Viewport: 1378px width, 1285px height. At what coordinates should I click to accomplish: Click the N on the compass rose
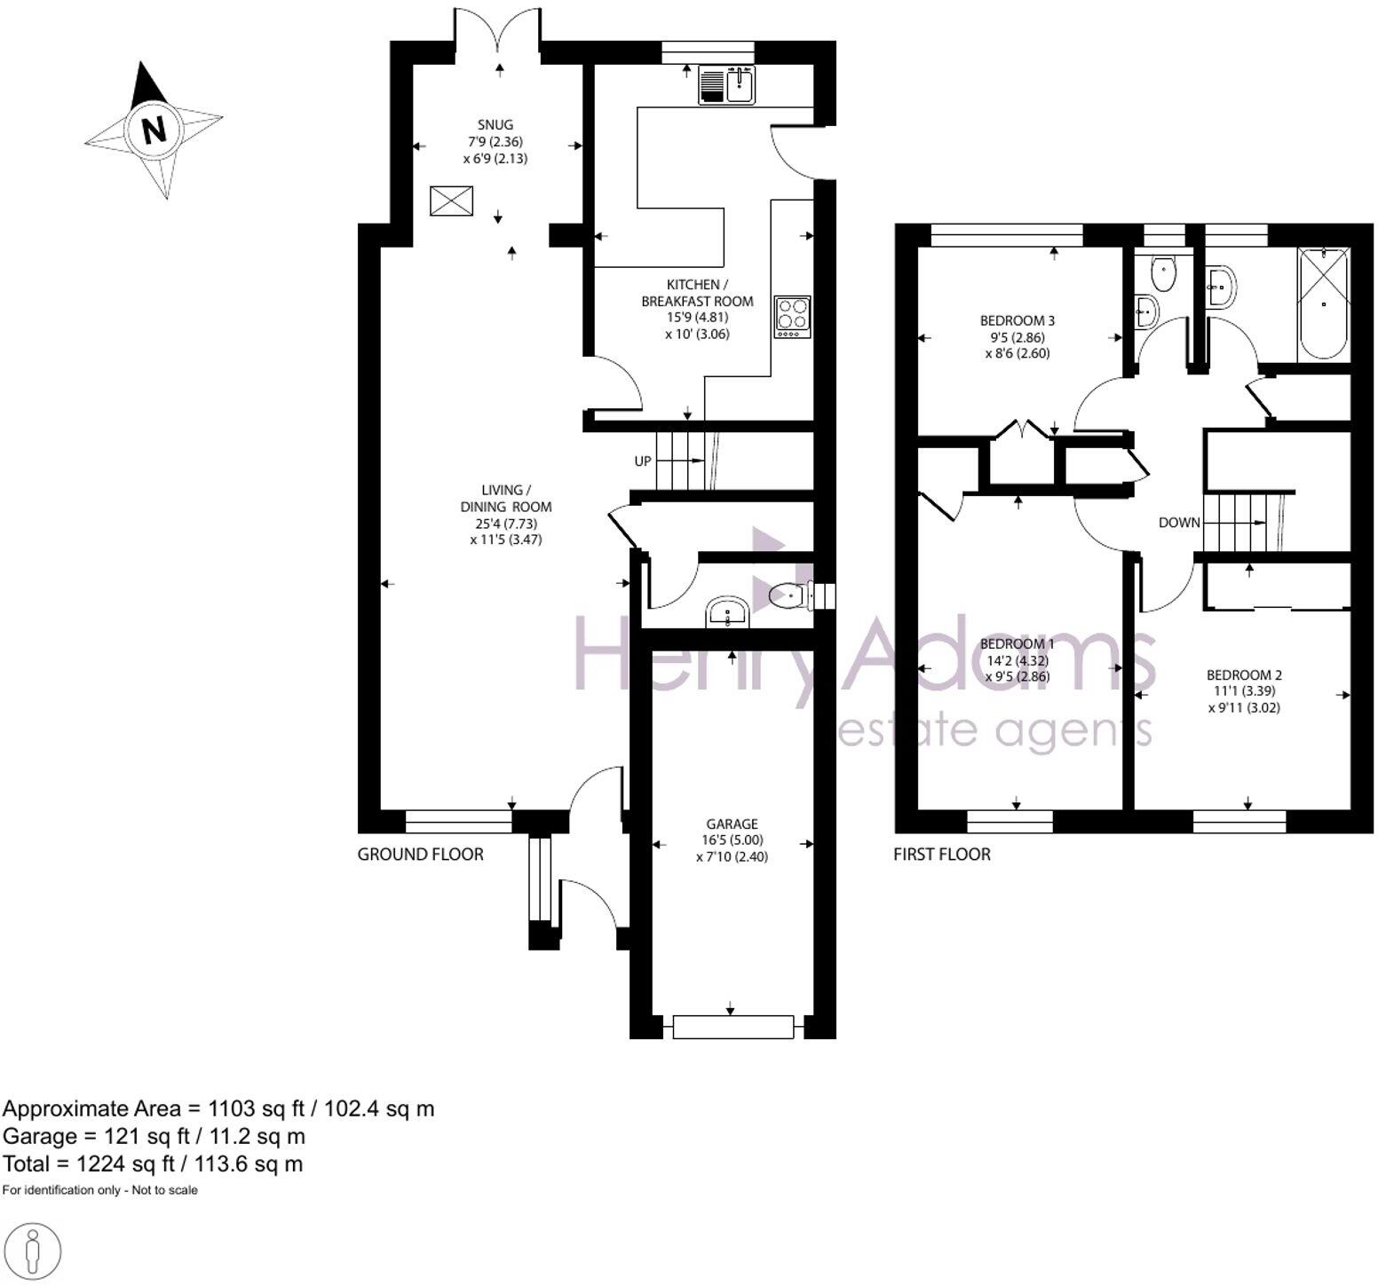(154, 130)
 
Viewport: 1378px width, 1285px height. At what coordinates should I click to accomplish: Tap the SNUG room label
(495, 125)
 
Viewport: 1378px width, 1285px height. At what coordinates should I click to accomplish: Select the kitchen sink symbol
(727, 84)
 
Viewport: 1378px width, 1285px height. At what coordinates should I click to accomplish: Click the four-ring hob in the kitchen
(792, 316)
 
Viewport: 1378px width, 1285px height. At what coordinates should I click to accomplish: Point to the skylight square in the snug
(452, 201)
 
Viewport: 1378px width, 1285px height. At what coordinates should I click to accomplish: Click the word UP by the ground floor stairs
(643, 461)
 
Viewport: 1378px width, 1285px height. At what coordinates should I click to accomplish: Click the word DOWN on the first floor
(1179, 523)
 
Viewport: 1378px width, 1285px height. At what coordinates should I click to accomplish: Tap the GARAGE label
(732, 824)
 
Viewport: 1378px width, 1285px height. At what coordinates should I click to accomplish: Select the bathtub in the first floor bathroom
(1323, 304)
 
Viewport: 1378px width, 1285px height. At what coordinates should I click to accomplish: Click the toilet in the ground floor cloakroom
(787, 595)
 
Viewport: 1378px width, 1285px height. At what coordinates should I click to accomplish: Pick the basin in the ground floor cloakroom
(728, 613)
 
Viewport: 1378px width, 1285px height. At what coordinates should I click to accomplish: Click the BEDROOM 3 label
(1017, 320)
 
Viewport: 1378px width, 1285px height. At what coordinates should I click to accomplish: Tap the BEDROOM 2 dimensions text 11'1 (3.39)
(1244, 691)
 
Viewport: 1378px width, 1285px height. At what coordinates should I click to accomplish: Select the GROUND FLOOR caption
(420, 855)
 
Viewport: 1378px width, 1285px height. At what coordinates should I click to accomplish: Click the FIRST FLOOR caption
(941, 855)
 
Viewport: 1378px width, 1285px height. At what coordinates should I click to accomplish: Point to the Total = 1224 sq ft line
(153, 1163)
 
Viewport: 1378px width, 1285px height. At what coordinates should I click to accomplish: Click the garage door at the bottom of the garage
(732, 1027)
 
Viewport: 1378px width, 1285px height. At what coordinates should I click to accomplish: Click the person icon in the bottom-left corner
(32, 1252)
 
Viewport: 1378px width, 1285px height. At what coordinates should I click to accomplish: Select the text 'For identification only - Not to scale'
(99, 1190)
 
